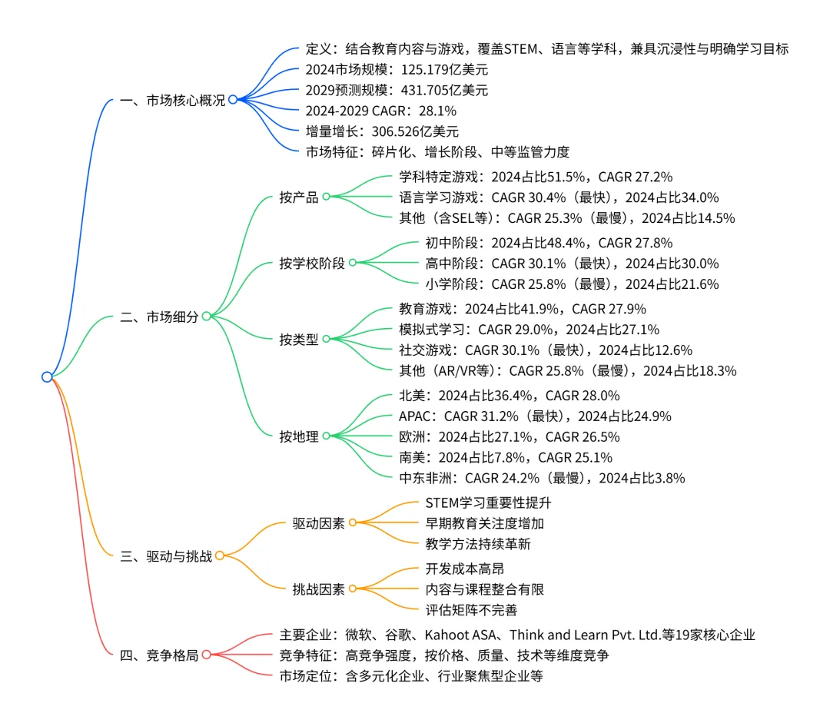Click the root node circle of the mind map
(47, 376)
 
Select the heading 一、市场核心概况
(173, 100)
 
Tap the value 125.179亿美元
(418, 70)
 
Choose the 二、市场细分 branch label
(159, 317)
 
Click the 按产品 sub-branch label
(299, 197)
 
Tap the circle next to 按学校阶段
(353, 263)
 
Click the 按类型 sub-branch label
(299, 339)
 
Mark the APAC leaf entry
(417, 416)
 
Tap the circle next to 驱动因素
(353, 523)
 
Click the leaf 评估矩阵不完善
(471, 610)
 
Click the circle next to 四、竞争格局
(206, 655)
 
